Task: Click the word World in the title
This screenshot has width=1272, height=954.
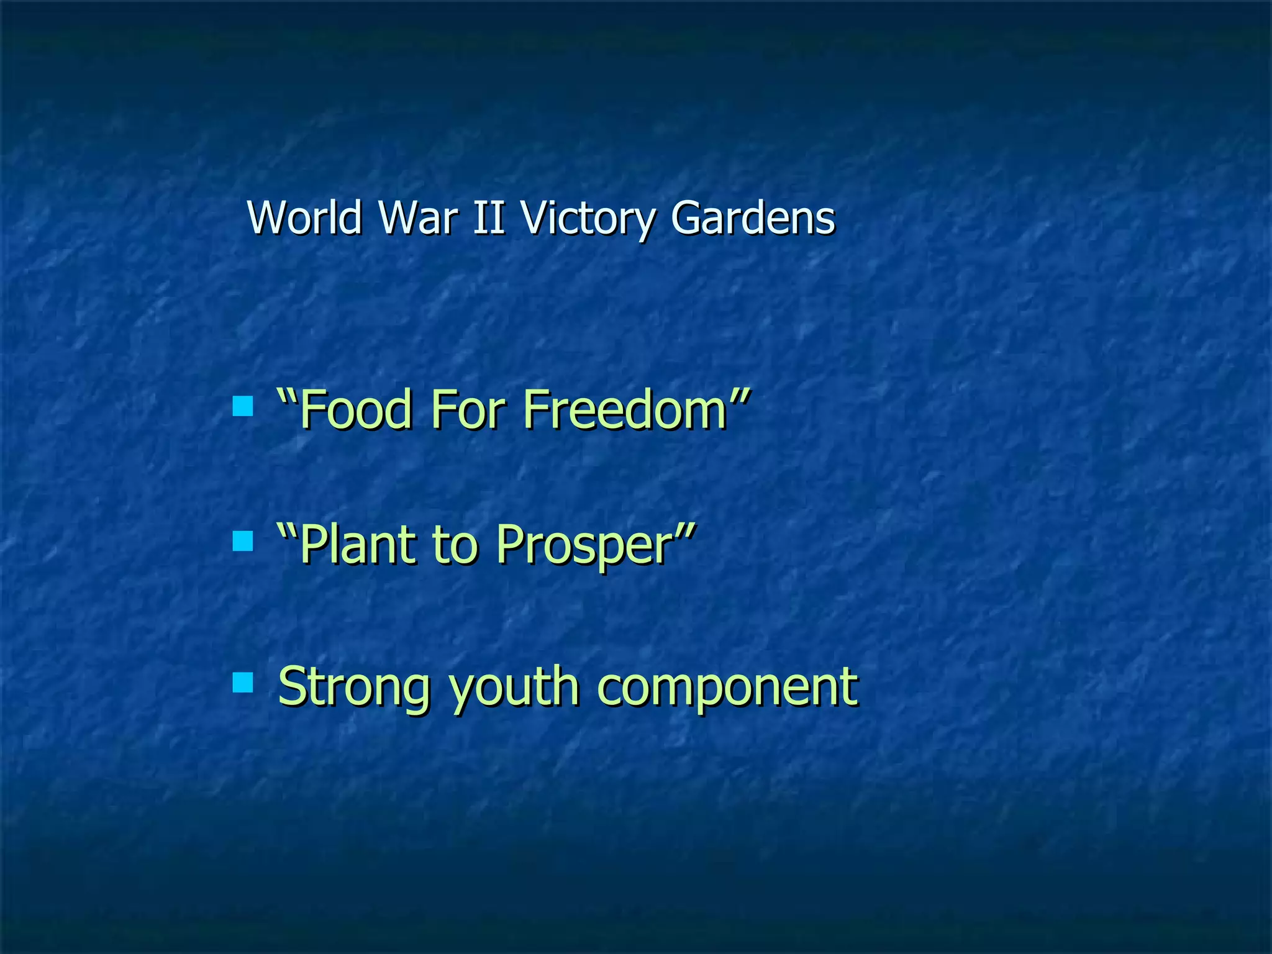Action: coord(304,218)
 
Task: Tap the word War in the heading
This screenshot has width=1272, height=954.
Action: coord(418,218)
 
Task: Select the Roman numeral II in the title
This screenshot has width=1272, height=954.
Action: coord(488,218)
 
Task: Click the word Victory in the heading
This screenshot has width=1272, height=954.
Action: coord(588,219)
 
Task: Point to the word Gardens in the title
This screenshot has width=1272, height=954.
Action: coord(753,218)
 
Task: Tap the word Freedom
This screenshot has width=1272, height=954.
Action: coord(624,409)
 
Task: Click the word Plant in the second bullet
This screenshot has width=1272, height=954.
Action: coord(357,545)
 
